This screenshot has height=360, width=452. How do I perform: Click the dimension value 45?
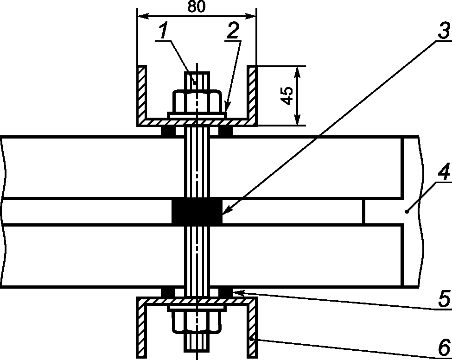[287, 96]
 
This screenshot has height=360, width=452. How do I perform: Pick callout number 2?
[233, 31]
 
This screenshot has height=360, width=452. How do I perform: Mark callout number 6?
[444, 346]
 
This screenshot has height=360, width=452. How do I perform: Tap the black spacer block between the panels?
[197, 212]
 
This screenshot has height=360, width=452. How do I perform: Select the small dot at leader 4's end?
[407, 212]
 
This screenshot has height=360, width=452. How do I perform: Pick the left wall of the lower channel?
[141, 330]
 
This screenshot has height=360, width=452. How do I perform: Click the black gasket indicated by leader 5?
[226, 292]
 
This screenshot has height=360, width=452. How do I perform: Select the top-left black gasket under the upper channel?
[168, 132]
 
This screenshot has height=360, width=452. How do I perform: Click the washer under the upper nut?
[197, 114]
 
